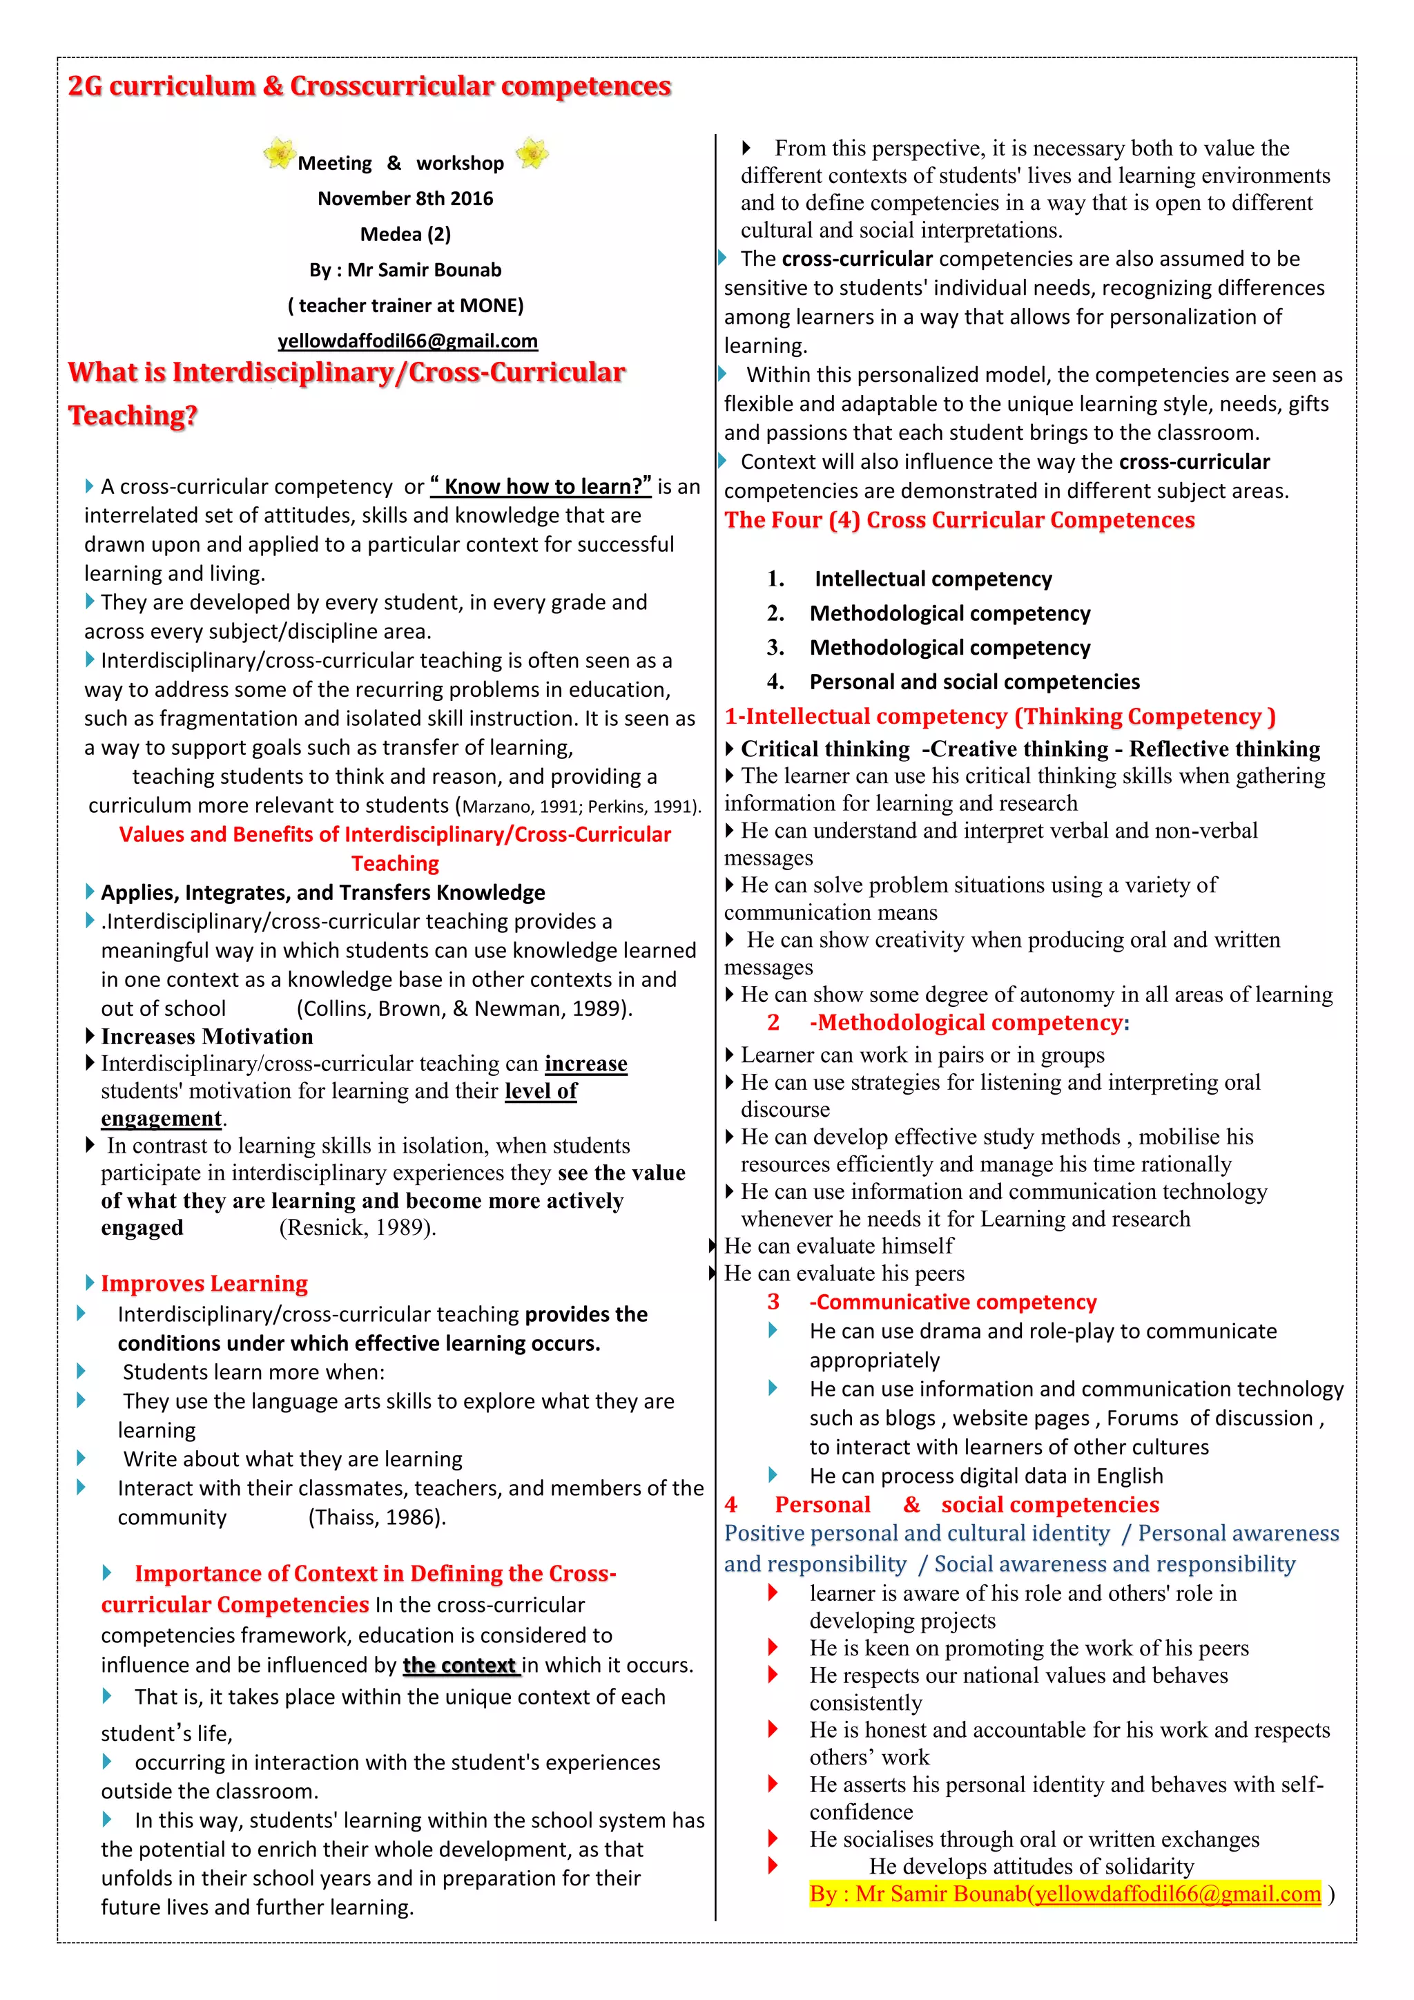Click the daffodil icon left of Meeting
279,153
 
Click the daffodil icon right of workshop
532,153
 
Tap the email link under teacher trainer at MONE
407,340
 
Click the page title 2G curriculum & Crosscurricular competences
369,86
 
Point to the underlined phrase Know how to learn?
541,486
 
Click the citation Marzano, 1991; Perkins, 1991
580,807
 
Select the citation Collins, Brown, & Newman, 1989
464,1009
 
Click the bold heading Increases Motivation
206,1037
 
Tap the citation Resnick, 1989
357,1227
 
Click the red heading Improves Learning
204,1283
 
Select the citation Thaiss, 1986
376,1517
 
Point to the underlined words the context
460,1666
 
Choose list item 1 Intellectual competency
933,579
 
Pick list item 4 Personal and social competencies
974,682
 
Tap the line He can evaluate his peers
844,1273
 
